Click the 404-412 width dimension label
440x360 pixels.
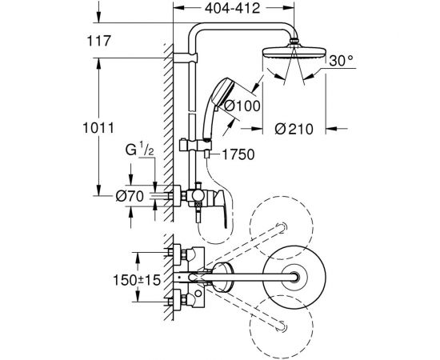click(232, 9)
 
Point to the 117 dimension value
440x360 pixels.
click(99, 41)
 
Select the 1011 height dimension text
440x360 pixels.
click(98, 128)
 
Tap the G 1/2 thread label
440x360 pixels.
click(139, 150)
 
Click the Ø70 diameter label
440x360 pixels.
click(130, 196)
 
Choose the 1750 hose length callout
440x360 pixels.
click(238, 154)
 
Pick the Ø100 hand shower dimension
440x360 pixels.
click(242, 106)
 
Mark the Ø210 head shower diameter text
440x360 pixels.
click(294, 129)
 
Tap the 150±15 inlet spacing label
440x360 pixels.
click(137, 280)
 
